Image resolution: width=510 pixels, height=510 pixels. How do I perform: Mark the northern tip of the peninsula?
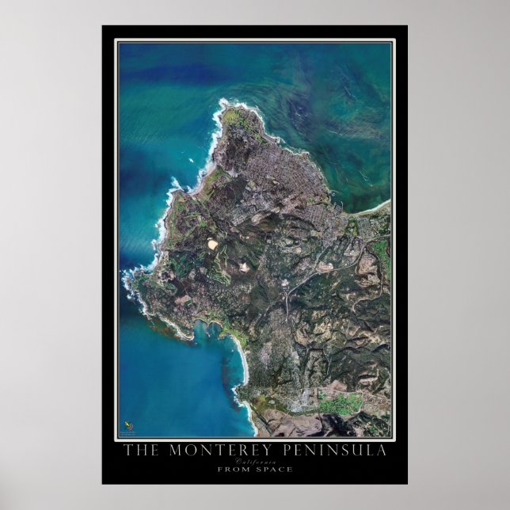tap(224, 102)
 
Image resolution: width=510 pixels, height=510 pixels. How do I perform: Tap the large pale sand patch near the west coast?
tap(212, 245)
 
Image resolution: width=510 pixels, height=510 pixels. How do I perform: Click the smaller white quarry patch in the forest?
tap(244, 267)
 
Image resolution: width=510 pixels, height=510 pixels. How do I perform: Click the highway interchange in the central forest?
tap(284, 302)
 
